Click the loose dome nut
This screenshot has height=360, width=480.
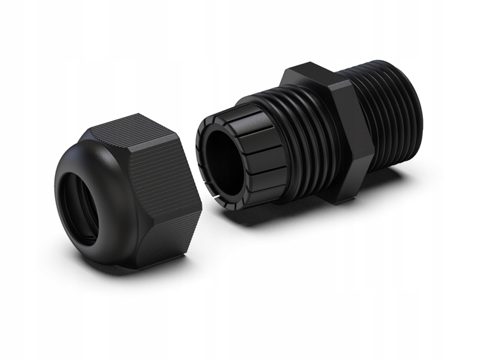click(128, 192)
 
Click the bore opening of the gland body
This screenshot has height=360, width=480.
click(224, 160)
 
